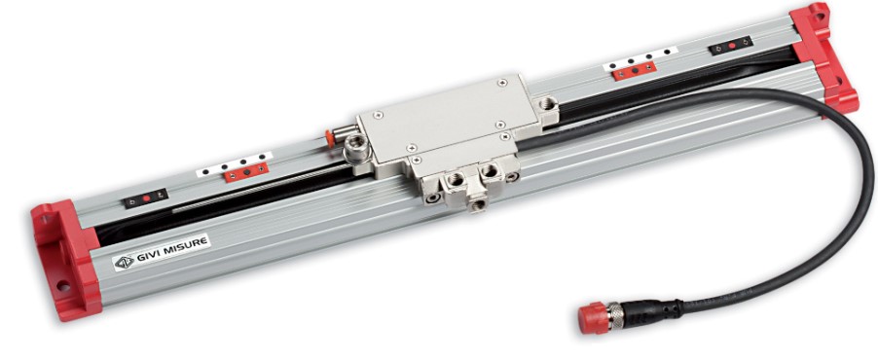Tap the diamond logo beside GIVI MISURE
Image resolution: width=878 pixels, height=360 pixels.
point(125,262)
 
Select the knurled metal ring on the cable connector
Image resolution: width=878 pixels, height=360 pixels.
point(616,315)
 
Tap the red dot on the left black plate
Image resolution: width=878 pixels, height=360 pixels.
point(146,198)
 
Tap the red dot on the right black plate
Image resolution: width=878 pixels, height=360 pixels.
point(731,45)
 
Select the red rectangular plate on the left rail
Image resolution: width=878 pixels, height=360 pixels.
point(246,172)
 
